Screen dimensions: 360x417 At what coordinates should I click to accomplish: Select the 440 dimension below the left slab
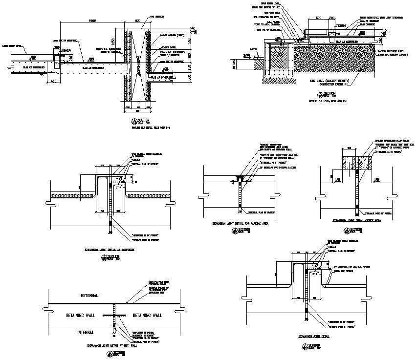click(54, 82)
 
